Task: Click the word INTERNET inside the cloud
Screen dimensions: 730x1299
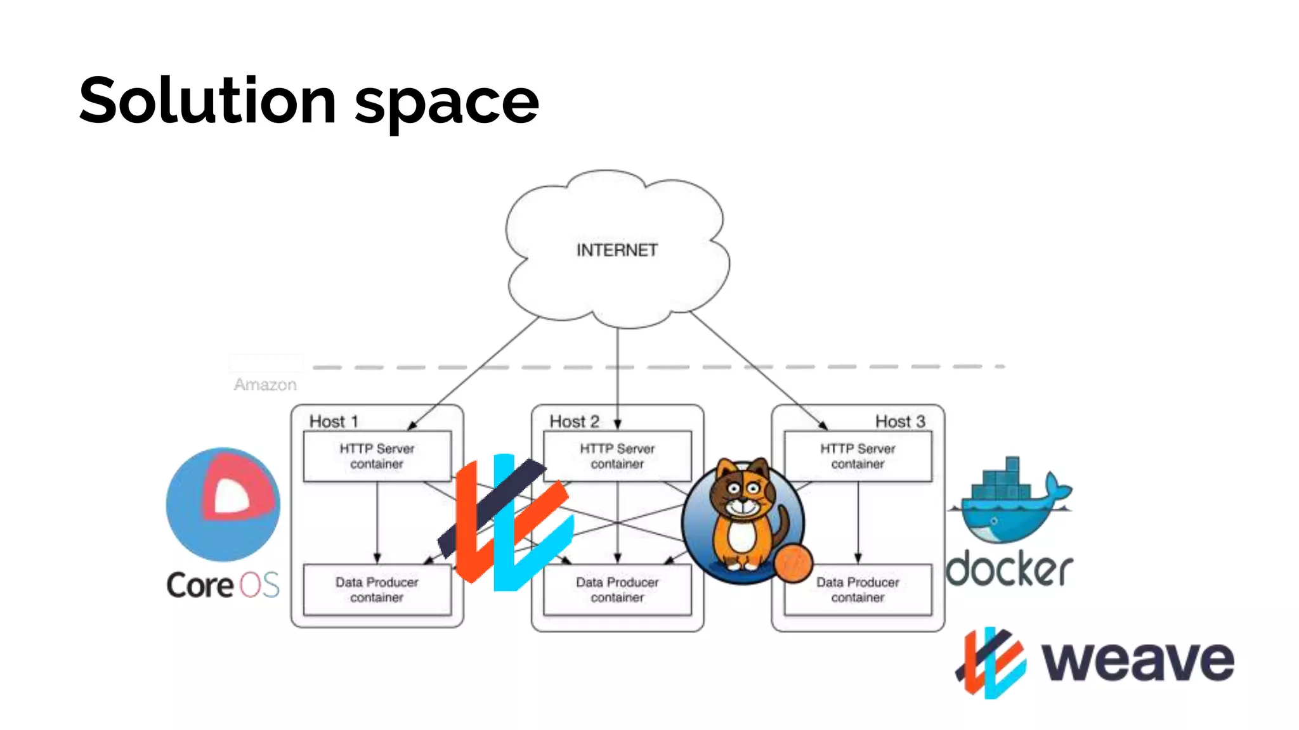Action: tap(617, 250)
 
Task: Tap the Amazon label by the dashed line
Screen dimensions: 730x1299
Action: tap(265, 385)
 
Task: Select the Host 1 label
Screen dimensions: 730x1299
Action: tap(334, 421)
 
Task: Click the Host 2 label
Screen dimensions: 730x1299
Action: tap(574, 421)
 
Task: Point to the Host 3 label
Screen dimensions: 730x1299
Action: tap(899, 421)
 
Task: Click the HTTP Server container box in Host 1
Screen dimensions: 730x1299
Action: tap(377, 456)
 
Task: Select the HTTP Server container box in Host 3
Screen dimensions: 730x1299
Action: tap(858, 456)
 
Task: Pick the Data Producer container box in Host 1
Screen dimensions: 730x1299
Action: tap(377, 590)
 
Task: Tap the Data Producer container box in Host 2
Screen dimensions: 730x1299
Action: tap(617, 590)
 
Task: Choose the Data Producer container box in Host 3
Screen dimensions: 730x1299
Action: tap(858, 590)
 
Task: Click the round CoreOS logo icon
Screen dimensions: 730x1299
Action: tap(223, 504)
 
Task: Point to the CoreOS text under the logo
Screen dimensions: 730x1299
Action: tap(223, 585)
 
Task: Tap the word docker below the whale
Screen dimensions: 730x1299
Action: tap(1009, 569)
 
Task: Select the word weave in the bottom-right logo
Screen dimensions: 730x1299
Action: tap(1138, 661)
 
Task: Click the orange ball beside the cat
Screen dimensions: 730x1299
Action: tap(793, 563)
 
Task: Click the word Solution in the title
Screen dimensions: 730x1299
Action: tap(207, 101)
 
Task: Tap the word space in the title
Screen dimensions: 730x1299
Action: tap(447, 105)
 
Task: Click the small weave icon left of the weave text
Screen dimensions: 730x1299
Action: tap(991, 662)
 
